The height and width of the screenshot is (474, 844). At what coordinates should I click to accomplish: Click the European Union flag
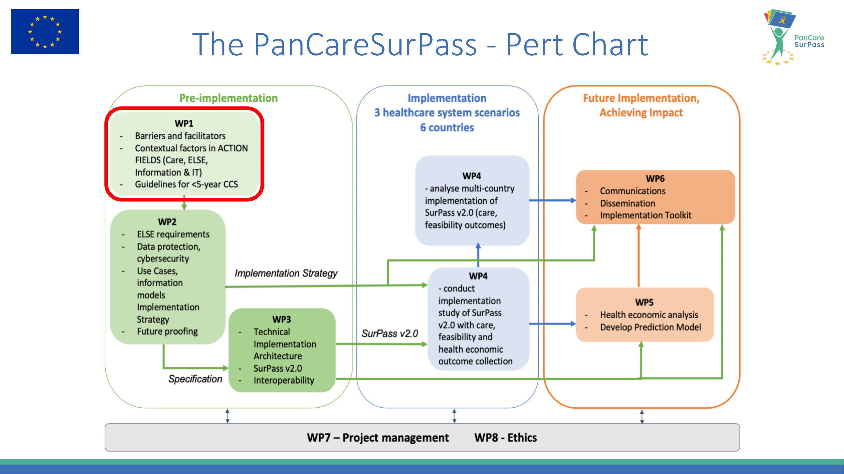pyautogui.click(x=45, y=32)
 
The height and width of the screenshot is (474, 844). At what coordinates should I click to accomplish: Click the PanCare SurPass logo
pyautogui.click(x=793, y=37)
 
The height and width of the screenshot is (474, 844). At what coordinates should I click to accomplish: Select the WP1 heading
pyautogui.click(x=184, y=123)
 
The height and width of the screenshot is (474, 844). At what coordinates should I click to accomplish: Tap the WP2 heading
pyautogui.click(x=167, y=222)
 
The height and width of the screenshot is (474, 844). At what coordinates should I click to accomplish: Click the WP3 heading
pyautogui.click(x=281, y=319)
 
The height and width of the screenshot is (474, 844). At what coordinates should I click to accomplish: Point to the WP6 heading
pyautogui.click(x=655, y=179)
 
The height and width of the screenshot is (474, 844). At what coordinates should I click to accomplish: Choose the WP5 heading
pyautogui.click(x=644, y=302)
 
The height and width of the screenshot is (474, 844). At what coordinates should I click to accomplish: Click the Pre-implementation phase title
pyautogui.click(x=228, y=98)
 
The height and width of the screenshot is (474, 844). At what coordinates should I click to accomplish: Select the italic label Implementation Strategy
pyautogui.click(x=286, y=273)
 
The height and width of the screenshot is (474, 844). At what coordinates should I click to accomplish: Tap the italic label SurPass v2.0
pyautogui.click(x=390, y=333)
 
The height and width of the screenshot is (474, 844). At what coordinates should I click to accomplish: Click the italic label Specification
pyautogui.click(x=195, y=379)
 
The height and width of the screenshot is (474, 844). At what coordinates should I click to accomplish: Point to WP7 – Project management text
pyautogui.click(x=378, y=438)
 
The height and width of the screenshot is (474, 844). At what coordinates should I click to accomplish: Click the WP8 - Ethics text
pyautogui.click(x=506, y=438)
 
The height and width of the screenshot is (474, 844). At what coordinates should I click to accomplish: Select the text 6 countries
pyautogui.click(x=447, y=128)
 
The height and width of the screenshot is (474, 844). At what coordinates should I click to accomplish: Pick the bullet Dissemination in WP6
pyautogui.click(x=628, y=204)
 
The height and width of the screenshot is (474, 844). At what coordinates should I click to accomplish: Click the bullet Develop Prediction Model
pyautogui.click(x=650, y=327)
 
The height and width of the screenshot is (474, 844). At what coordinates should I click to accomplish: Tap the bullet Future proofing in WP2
pyautogui.click(x=167, y=331)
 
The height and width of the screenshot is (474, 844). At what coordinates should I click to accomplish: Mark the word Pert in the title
pyautogui.click(x=535, y=45)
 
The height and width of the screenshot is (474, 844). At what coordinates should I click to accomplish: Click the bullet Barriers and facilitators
pyautogui.click(x=180, y=136)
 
